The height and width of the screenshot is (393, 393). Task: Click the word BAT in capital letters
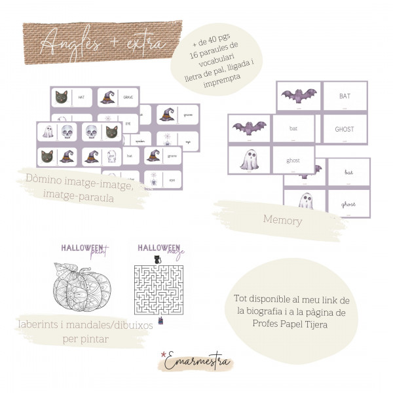[345, 96]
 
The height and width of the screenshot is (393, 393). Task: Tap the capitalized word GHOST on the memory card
[345, 129]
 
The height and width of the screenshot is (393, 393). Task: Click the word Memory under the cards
[282, 221]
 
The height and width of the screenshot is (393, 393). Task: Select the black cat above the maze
[157, 259]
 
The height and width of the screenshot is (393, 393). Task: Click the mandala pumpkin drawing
[84, 290]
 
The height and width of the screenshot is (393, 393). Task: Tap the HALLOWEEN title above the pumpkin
[84, 248]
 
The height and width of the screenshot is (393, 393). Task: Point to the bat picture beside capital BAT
[298, 96]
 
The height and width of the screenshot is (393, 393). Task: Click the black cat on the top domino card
[62, 97]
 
